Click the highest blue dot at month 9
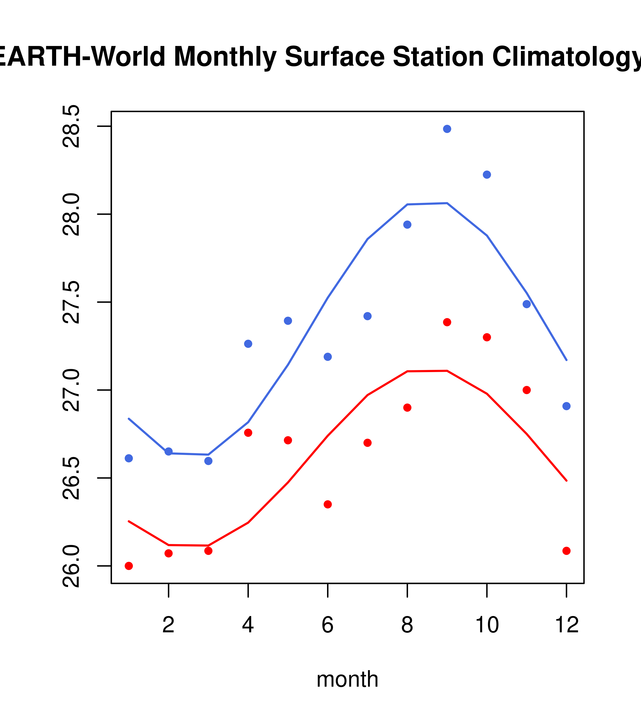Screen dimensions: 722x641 point(447,129)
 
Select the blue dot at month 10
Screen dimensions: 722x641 point(487,175)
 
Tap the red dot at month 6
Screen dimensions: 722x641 point(328,504)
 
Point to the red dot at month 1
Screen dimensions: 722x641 point(129,566)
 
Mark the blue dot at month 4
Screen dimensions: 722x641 point(248,344)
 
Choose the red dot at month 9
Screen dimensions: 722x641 point(447,322)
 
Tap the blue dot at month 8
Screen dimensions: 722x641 point(407,225)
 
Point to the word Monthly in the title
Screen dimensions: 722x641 point(225,57)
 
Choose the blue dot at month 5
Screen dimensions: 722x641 point(288,321)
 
